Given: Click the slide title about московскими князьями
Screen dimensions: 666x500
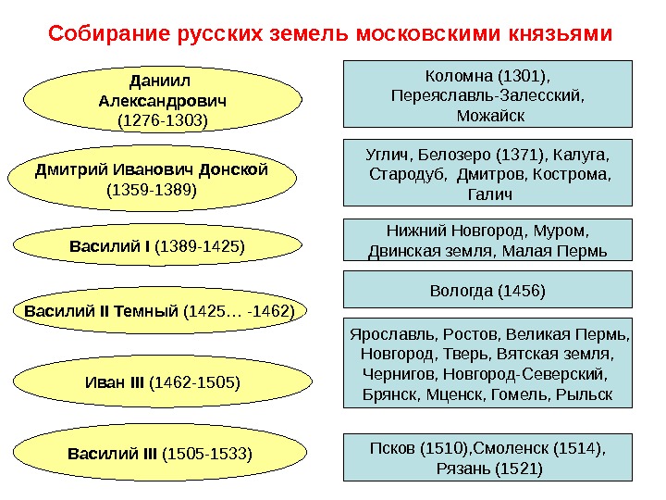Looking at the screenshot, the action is [330, 35].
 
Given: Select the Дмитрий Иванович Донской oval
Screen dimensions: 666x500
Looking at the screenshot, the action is [153, 181].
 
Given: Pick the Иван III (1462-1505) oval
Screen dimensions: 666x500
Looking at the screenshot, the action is [162, 381].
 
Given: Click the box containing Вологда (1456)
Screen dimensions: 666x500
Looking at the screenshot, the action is [488, 290].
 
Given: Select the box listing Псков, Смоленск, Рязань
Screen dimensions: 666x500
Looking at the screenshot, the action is [488, 457].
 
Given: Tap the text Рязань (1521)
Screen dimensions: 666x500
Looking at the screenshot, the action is [488, 469].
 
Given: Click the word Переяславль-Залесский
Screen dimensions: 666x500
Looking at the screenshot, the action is [489, 95].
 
